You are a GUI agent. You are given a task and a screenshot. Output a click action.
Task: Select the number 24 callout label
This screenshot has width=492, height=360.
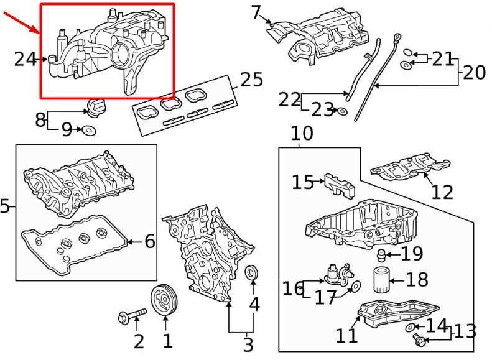pos(26,59)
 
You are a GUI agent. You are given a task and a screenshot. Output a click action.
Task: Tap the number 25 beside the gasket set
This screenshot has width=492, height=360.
pos(251,80)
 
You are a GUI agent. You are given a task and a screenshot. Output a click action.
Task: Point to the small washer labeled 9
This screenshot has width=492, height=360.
pos(89,130)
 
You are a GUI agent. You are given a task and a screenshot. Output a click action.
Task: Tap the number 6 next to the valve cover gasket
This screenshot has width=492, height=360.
pos(149,241)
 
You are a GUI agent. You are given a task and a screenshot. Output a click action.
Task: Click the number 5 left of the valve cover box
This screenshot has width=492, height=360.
pos(5,206)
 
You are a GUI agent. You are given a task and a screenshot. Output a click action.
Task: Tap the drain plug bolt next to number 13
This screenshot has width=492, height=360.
pos(418,338)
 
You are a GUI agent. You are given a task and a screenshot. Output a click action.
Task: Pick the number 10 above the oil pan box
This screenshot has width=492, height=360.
pos(302,133)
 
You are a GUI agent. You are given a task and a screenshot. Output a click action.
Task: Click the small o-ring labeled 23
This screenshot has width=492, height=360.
pos(341,111)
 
